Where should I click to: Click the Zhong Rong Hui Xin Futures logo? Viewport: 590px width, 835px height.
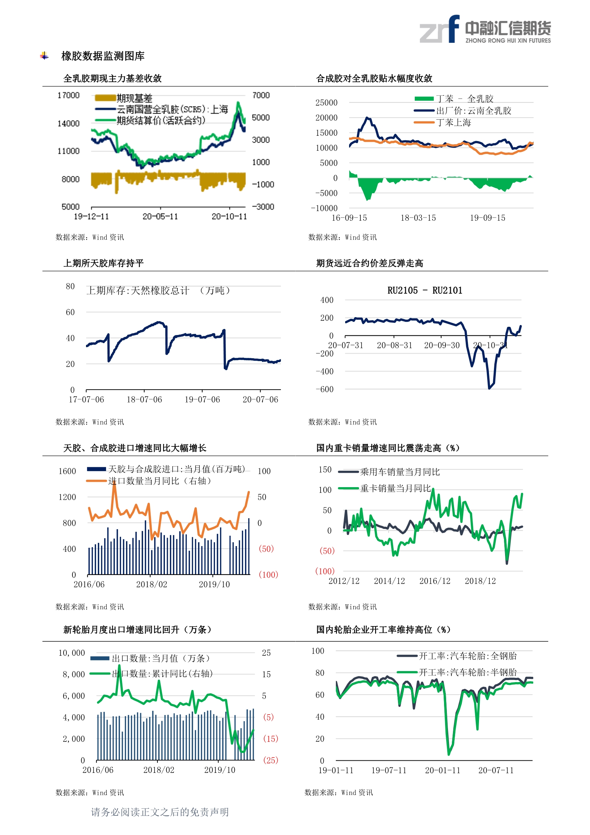pyautogui.click(x=485, y=29)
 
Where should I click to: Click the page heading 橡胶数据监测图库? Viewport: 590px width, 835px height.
pyautogui.click(x=103, y=56)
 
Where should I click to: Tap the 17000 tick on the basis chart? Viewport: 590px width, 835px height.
pyautogui.click(x=68, y=95)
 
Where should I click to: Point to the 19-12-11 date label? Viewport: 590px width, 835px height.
pyautogui.click(x=91, y=217)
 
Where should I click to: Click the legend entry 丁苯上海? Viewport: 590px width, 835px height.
pyautogui.click(x=453, y=122)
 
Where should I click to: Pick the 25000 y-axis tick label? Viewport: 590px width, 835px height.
pyautogui.click(x=326, y=103)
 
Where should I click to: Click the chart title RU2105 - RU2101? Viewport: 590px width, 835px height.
pyautogui.click(x=425, y=291)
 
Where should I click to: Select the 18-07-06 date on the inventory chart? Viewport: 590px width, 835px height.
pyautogui.click(x=144, y=400)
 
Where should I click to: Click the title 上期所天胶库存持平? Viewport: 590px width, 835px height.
pyautogui.click(x=104, y=263)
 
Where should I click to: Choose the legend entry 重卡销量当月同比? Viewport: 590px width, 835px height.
pyautogui.click(x=395, y=489)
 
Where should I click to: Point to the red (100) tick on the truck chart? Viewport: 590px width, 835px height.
pyautogui.click(x=325, y=571)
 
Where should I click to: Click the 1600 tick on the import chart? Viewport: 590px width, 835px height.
pyautogui.click(x=67, y=471)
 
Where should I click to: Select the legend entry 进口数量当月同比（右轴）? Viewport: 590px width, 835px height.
pyautogui.click(x=160, y=481)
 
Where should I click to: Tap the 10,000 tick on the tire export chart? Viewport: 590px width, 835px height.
pyautogui.click(x=72, y=653)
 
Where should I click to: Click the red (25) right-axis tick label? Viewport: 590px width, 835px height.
pyautogui.click(x=271, y=760)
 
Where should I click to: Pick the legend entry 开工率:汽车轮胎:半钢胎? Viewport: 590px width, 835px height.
pyautogui.click(x=468, y=672)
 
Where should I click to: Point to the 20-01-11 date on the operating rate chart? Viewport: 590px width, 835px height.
pyautogui.click(x=442, y=770)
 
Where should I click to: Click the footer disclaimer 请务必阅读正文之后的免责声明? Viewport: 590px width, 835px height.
pyautogui.click(x=160, y=812)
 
